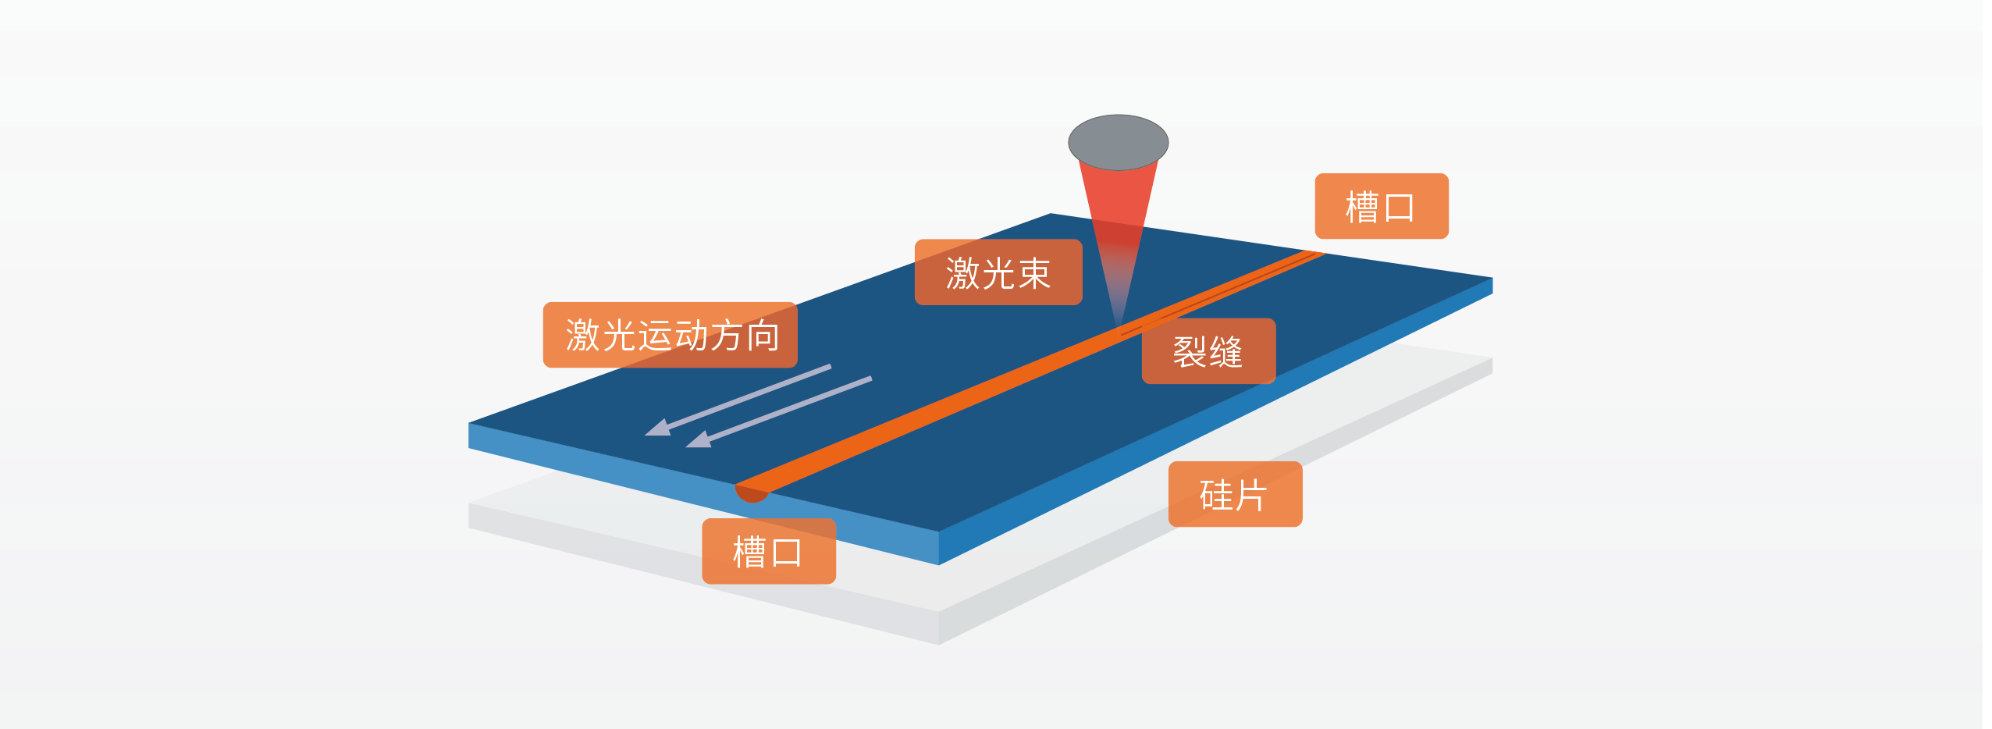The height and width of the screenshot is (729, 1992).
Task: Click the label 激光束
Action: [998, 272]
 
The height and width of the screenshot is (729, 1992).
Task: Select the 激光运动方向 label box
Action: [670, 335]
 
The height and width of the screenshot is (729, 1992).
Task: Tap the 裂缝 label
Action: [1208, 351]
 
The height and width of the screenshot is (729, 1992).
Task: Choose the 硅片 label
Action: [1235, 495]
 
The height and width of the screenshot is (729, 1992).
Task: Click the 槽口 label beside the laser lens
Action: [1381, 207]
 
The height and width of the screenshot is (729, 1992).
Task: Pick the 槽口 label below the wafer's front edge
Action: [768, 552]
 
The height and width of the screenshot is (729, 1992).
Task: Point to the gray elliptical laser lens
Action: [1118, 141]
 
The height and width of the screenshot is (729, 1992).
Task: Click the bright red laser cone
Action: [1118, 195]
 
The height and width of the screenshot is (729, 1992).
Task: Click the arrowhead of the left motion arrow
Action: [658, 429]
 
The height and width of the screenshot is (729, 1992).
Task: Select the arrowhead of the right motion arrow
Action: [699, 440]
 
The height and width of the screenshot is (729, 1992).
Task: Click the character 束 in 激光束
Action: [1033, 273]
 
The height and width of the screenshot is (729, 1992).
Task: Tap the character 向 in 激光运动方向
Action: [763, 336]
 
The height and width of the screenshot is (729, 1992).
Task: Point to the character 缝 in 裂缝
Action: [1225, 352]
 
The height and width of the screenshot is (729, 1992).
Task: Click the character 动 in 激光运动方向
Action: [691, 336]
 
